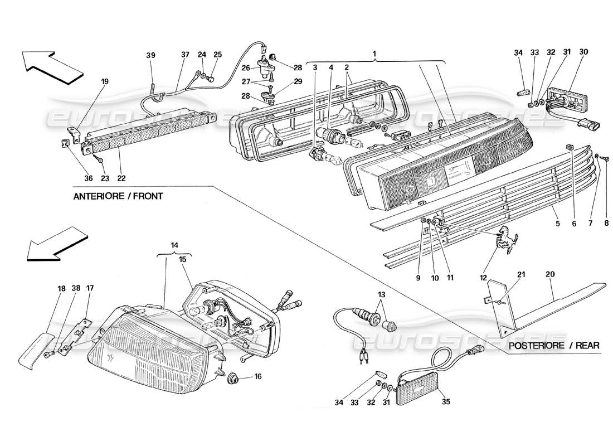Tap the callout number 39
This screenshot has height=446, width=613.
[x=151, y=55]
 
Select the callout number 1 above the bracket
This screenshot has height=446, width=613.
[x=375, y=54]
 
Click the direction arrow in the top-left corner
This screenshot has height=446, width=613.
[x=52, y=65]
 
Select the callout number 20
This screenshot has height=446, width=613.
[x=551, y=274]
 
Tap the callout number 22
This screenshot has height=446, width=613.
[x=121, y=178]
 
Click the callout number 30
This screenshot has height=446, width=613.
[x=583, y=52]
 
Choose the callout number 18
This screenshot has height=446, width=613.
[x=61, y=289]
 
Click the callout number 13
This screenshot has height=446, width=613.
[x=381, y=294]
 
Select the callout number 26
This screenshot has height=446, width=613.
[x=246, y=69]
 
